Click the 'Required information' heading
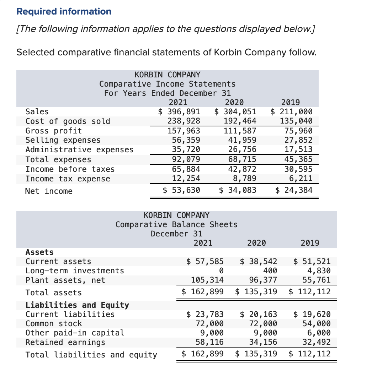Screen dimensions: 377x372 point(64,11)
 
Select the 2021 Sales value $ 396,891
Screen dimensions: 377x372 point(179,112)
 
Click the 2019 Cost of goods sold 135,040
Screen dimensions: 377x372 point(296,121)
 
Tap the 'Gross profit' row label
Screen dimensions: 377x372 point(53,131)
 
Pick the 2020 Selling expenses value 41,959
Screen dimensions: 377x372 point(242,140)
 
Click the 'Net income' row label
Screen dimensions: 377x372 point(49,191)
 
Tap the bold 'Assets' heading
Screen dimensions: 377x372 point(39,252)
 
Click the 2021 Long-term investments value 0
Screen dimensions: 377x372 point(221,271)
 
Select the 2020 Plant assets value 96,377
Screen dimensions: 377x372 point(262,280)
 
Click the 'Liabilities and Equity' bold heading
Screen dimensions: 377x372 point(77,305)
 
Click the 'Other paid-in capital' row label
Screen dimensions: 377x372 point(75,333)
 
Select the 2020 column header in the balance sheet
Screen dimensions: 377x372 point(256,243)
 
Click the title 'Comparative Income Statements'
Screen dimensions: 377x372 point(167,84)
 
